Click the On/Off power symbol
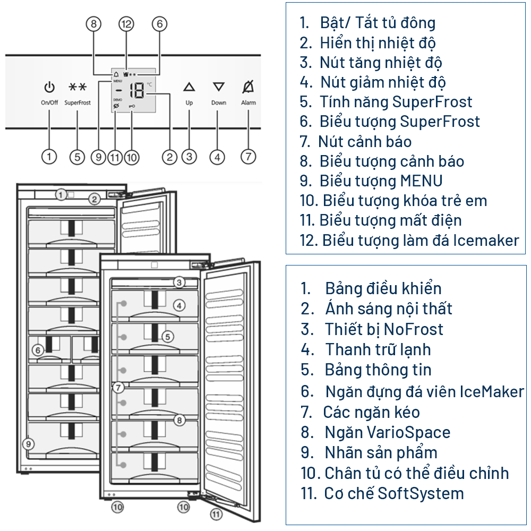tap(49, 87)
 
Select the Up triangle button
tap(189, 87)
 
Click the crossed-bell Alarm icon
tap(248, 87)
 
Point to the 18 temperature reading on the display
tap(137, 91)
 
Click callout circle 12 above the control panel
tap(126, 23)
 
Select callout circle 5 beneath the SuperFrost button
tap(77, 157)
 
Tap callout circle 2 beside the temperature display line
tap(170, 157)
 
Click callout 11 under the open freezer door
tap(216, 514)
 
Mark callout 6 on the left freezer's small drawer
tap(37, 350)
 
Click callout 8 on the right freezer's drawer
tap(179, 420)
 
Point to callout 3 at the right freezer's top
tap(179, 282)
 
